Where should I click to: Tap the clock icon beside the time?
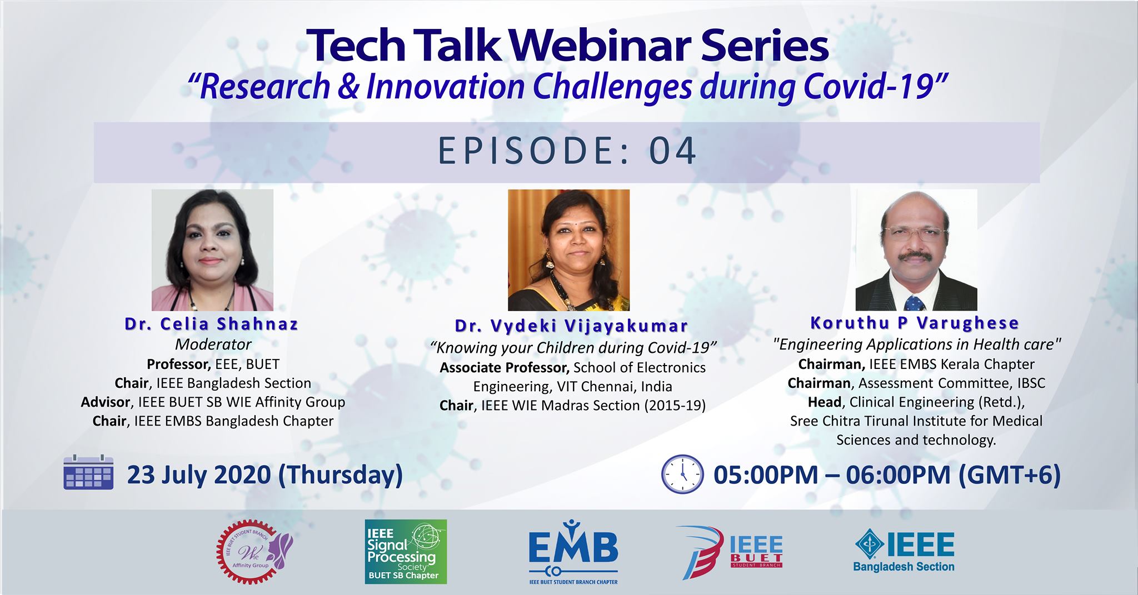pos(682,474)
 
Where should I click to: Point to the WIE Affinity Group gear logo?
pos(253,552)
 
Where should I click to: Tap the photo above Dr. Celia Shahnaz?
pos(212,250)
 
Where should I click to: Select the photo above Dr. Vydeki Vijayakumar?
pos(569,250)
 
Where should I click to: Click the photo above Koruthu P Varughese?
pos(916,250)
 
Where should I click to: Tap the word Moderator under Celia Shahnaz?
pos(213,344)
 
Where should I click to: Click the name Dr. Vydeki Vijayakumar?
pos(571,326)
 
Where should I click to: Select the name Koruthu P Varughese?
pos(915,323)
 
